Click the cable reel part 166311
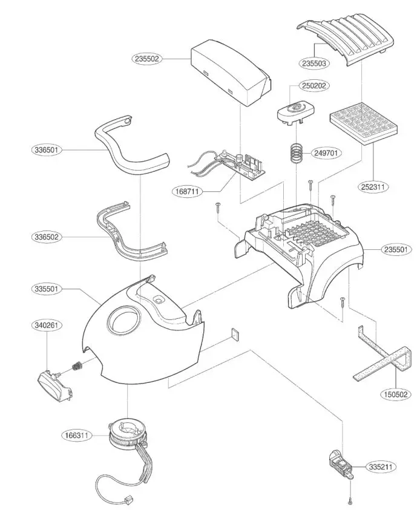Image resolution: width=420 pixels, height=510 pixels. pos(128,433)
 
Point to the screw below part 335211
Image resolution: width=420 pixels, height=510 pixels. pos(350,500)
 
